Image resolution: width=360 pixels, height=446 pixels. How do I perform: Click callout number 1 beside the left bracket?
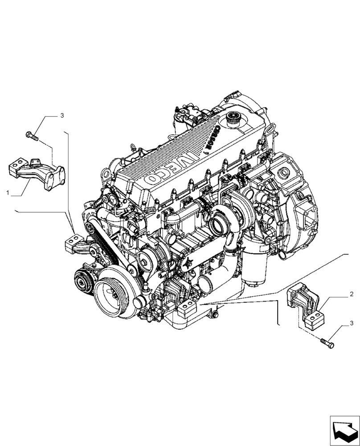click(x=8, y=193)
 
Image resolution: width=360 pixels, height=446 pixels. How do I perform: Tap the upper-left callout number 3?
click(x=62, y=116)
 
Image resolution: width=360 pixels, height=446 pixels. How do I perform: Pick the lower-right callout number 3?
click(x=352, y=322)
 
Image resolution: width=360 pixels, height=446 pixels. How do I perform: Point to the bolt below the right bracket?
click(x=327, y=343)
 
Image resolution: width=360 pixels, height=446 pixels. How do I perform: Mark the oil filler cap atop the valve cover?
click(x=233, y=119)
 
